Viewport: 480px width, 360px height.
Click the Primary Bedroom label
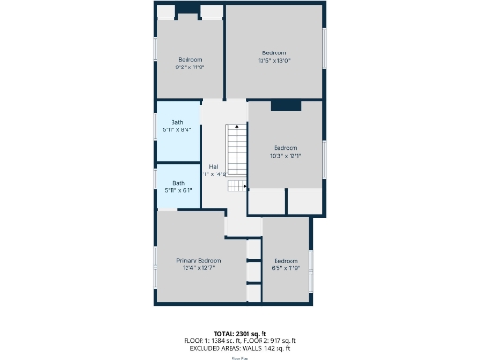click(x=199, y=260)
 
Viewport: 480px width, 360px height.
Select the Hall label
click(x=214, y=166)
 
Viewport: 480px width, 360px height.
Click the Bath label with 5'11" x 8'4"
click(x=177, y=122)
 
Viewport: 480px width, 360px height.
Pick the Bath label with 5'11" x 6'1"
click(x=178, y=183)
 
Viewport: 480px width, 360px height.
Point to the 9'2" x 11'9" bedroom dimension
click(x=189, y=67)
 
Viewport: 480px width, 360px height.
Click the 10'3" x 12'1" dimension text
click(x=286, y=156)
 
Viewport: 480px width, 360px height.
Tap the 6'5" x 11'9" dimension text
click(x=286, y=268)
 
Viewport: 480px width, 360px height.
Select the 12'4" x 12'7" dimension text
click(x=199, y=268)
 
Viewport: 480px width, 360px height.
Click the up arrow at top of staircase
click(x=238, y=126)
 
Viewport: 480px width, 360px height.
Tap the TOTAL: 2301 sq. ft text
click(x=240, y=333)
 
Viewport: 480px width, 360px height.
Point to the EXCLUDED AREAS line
click(x=240, y=348)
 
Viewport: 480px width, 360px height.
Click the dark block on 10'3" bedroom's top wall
click(x=286, y=105)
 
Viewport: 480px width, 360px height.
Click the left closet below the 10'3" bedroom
click(x=266, y=201)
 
